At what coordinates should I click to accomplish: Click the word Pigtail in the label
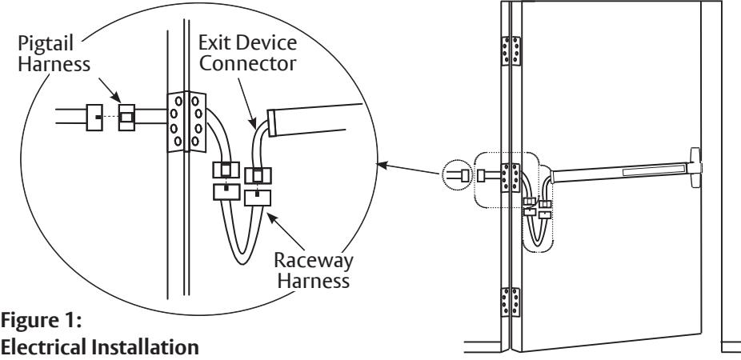46,44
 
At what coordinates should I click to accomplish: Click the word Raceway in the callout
314,260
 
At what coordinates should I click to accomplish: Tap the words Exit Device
247,42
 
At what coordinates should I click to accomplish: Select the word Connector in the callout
247,63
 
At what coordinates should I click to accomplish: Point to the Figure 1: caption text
42,322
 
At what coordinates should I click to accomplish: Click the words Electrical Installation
100,347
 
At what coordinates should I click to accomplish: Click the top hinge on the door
511,50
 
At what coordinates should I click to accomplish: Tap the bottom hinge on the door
511,302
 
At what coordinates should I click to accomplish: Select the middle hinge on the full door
511,178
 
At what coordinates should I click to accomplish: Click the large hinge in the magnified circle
187,122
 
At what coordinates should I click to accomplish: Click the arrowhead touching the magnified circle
382,165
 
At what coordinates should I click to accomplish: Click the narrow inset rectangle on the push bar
654,169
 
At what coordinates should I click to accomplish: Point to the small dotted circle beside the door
457,175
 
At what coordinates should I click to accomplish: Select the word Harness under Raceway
314,281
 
